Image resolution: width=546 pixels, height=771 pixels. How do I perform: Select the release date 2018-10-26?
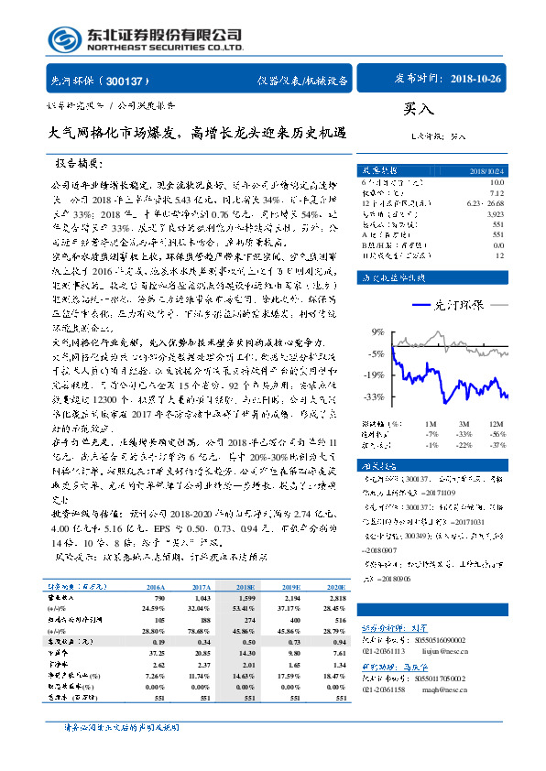(476, 81)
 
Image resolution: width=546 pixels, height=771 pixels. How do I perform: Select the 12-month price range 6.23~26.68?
(485, 202)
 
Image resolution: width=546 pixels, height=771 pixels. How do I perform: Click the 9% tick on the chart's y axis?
(377, 331)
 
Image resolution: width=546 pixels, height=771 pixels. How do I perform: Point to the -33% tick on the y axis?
(375, 397)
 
